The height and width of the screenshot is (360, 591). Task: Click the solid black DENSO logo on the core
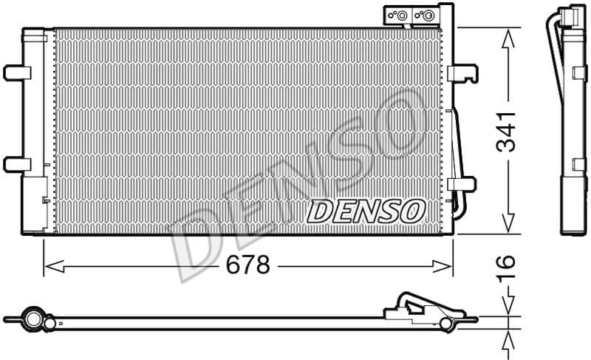(365, 211)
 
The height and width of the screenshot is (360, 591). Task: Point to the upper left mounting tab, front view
(16, 72)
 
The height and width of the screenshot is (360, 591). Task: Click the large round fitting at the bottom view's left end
(33, 319)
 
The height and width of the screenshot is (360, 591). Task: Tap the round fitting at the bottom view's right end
(445, 323)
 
